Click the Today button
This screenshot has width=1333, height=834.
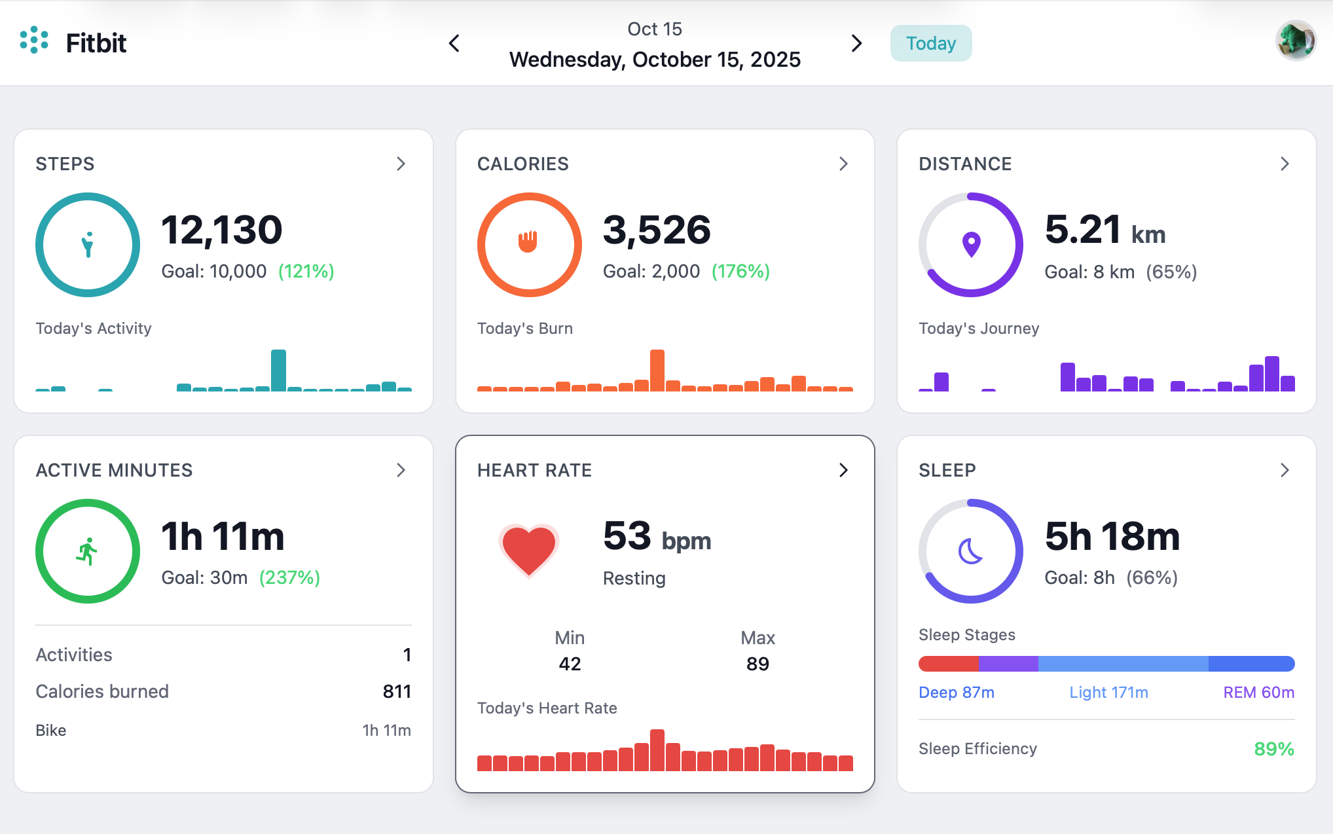coord(930,43)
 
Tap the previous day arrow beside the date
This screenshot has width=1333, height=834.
coord(454,43)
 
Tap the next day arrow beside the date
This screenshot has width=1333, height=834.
coord(856,43)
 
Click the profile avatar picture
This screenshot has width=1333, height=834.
coord(1295,41)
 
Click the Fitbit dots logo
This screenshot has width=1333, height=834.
coord(34,41)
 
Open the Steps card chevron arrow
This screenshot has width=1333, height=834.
coord(401,164)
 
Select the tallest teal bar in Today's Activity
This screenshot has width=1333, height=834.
coord(278,370)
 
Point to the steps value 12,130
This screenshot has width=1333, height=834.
coord(221,230)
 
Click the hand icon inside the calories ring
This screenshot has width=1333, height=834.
coord(528,242)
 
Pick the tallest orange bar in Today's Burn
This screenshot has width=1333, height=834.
coord(657,370)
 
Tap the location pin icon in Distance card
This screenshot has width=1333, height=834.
coord(971,244)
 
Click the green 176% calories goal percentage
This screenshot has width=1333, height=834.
coord(740,271)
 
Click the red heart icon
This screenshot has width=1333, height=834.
coord(528,549)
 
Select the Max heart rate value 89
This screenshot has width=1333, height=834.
coord(758,664)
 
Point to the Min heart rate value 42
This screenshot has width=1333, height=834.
coord(570,664)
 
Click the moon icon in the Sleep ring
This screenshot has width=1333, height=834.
coord(970,551)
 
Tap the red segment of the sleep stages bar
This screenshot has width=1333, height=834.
coord(948,664)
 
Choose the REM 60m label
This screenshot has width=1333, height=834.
coord(1258,692)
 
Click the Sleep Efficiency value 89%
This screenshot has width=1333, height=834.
coord(1273,749)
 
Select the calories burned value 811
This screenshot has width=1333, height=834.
coord(397,691)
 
